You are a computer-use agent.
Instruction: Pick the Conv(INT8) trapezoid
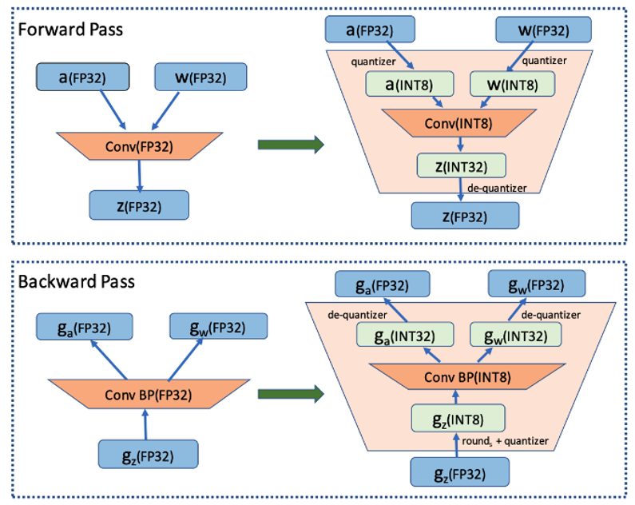458,122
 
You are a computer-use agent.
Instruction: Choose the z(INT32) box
462,165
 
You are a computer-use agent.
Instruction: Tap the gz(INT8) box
458,419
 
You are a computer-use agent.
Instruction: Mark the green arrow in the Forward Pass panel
291,145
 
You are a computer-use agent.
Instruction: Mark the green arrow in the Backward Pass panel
291,394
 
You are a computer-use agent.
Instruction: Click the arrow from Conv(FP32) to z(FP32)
141,174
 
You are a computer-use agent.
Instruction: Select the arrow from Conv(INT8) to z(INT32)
460,145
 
